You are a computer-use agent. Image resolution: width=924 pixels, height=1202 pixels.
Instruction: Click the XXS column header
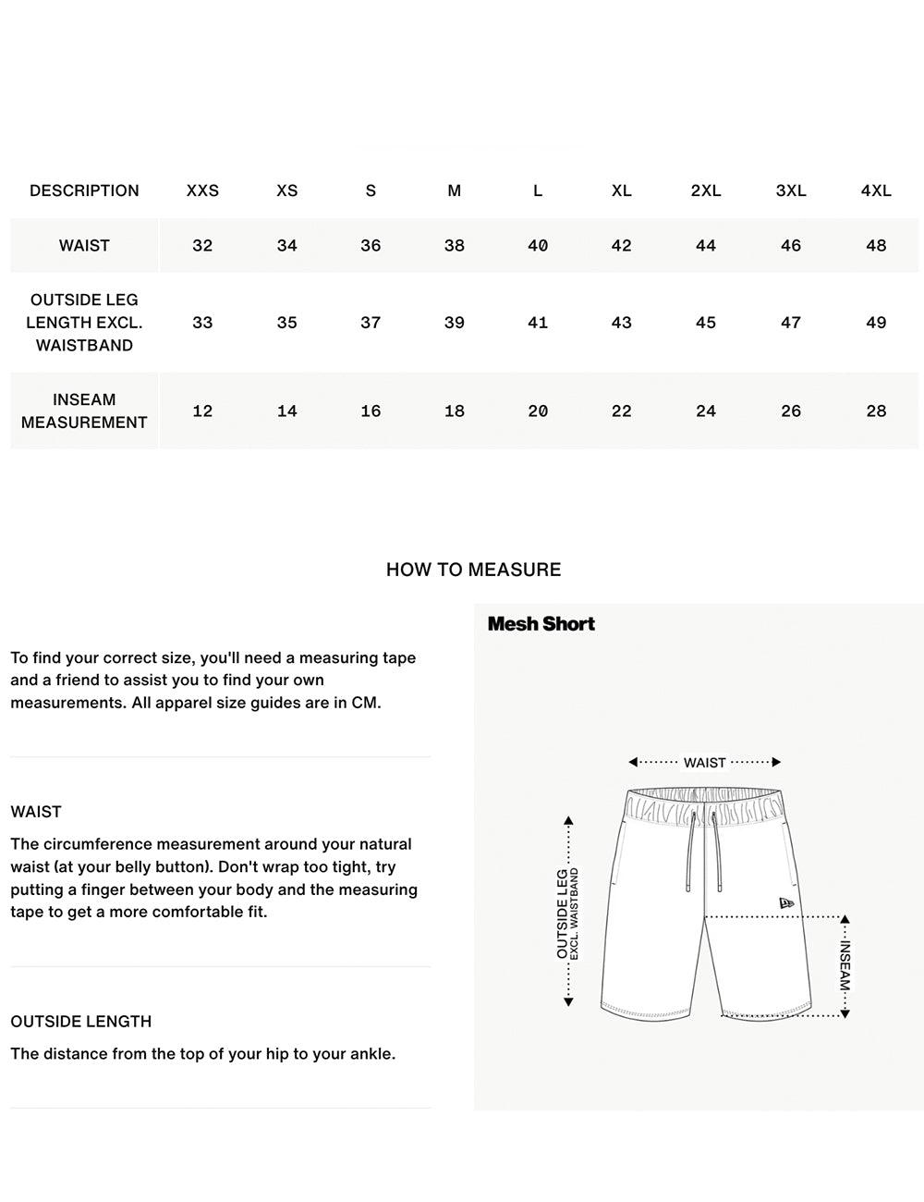click(202, 190)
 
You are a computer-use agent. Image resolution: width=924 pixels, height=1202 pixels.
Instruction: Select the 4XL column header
click(876, 190)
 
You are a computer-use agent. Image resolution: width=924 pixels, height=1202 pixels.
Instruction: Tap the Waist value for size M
click(454, 245)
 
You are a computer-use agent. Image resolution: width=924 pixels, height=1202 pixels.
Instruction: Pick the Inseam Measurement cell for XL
click(621, 411)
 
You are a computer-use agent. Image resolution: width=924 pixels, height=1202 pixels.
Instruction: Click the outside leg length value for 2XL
click(706, 323)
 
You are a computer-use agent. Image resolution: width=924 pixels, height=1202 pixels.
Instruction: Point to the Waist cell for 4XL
click(876, 245)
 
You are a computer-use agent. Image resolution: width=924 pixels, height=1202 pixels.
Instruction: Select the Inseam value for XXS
click(202, 411)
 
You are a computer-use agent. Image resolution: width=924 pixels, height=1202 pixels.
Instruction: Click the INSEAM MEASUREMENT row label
click(84, 411)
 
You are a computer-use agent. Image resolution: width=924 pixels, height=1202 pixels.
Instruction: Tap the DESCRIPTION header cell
click(84, 190)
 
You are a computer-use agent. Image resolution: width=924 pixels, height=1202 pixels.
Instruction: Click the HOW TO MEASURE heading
click(473, 570)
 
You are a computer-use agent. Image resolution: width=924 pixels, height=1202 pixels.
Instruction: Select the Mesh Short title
click(541, 624)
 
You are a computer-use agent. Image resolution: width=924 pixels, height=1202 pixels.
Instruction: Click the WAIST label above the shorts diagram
click(704, 763)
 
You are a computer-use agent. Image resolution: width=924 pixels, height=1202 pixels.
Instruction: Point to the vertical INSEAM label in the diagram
click(845, 966)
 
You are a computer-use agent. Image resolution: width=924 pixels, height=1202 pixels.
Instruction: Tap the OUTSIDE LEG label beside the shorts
click(563, 914)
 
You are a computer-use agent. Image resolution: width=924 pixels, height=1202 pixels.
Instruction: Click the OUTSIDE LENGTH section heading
click(81, 1022)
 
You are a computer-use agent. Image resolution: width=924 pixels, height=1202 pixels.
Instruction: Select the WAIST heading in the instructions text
click(36, 812)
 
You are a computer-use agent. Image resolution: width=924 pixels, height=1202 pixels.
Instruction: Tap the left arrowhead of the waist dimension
click(633, 762)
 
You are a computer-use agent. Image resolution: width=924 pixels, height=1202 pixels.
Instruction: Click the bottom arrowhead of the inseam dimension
click(845, 1013)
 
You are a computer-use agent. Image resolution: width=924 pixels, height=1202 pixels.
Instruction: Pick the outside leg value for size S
click(371, 323)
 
